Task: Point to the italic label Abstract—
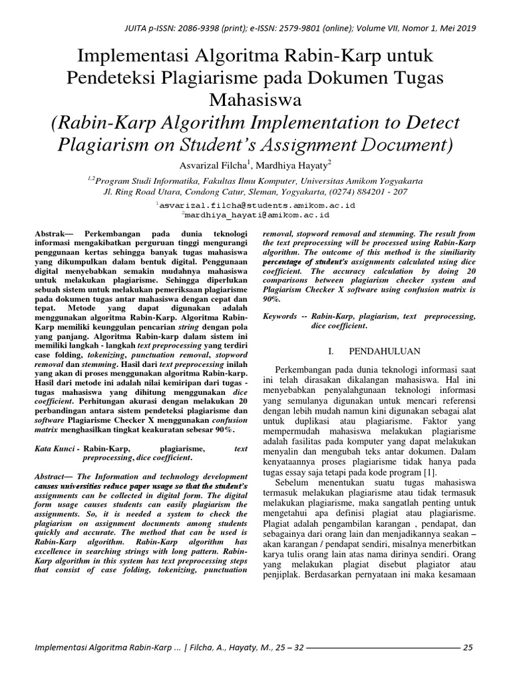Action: click(x=55, y=477)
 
